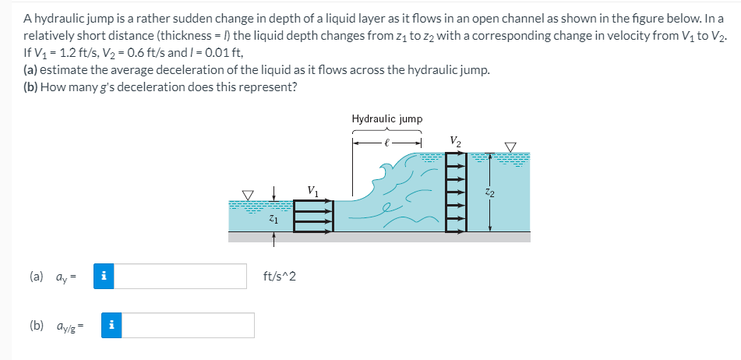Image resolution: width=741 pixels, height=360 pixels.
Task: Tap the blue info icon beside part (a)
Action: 104,276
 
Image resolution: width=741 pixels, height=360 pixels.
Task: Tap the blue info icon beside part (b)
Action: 112,325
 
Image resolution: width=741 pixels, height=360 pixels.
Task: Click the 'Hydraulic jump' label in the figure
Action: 387,119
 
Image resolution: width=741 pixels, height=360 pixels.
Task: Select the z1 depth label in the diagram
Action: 273,221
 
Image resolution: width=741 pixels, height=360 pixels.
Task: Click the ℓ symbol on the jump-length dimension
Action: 387,143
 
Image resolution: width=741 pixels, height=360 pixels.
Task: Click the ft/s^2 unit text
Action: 280,276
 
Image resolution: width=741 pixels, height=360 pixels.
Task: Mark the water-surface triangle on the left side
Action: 249,194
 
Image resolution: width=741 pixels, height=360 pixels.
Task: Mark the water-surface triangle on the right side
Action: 510,146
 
